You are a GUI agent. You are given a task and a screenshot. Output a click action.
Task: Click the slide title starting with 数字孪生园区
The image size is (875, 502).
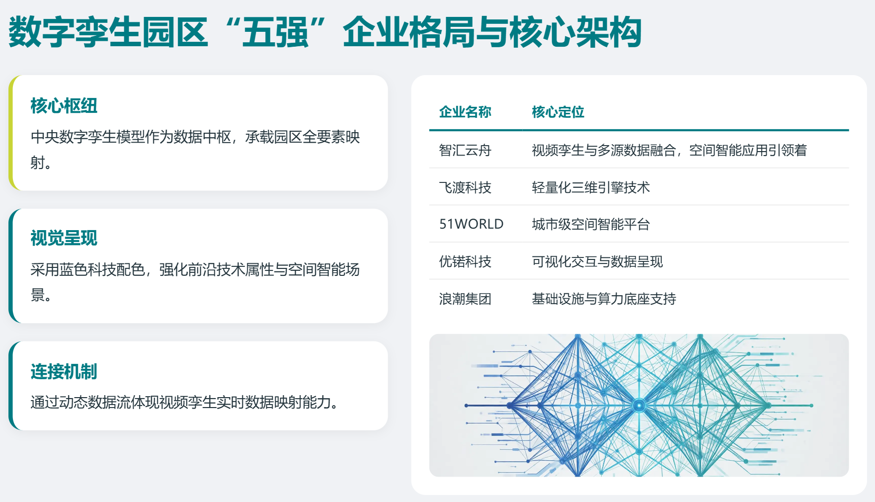click(325, 32)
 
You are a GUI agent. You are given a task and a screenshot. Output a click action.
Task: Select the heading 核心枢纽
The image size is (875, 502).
click(64, 106)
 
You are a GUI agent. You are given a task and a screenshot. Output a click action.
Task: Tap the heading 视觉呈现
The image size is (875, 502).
click(64, 238)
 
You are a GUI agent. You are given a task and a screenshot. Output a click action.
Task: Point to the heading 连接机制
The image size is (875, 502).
click(64, 371)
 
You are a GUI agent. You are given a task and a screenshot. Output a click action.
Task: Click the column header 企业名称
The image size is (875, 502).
click(465, 112)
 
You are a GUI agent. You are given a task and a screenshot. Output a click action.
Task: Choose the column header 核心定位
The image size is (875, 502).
click(558, 112)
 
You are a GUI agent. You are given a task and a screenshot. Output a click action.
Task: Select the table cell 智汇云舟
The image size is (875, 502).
click(465, 150)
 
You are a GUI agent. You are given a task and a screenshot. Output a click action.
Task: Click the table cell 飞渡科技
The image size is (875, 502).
click(465, 187)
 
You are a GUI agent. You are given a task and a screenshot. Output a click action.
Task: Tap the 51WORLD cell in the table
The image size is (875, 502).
click(471, 224)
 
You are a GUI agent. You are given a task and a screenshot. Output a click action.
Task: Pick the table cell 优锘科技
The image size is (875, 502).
click(465, 261)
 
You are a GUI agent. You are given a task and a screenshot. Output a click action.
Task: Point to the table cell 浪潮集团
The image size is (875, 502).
click(465, 299)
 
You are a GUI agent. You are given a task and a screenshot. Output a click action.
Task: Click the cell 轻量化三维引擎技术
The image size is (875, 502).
click(591, 187)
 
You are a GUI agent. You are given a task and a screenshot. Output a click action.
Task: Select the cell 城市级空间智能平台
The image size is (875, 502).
click(591, 224)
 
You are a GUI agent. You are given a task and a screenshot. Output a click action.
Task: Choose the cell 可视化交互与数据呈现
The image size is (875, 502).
click(597, 261)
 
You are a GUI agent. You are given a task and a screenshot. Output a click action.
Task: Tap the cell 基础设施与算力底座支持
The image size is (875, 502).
click(604, 299)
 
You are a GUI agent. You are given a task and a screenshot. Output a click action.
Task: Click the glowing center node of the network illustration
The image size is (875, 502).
click(639, 406)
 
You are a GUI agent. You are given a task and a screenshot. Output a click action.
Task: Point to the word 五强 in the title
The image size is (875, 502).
click(275, 32)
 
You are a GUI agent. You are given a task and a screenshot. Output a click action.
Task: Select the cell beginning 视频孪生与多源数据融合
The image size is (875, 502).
click(669, 150)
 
